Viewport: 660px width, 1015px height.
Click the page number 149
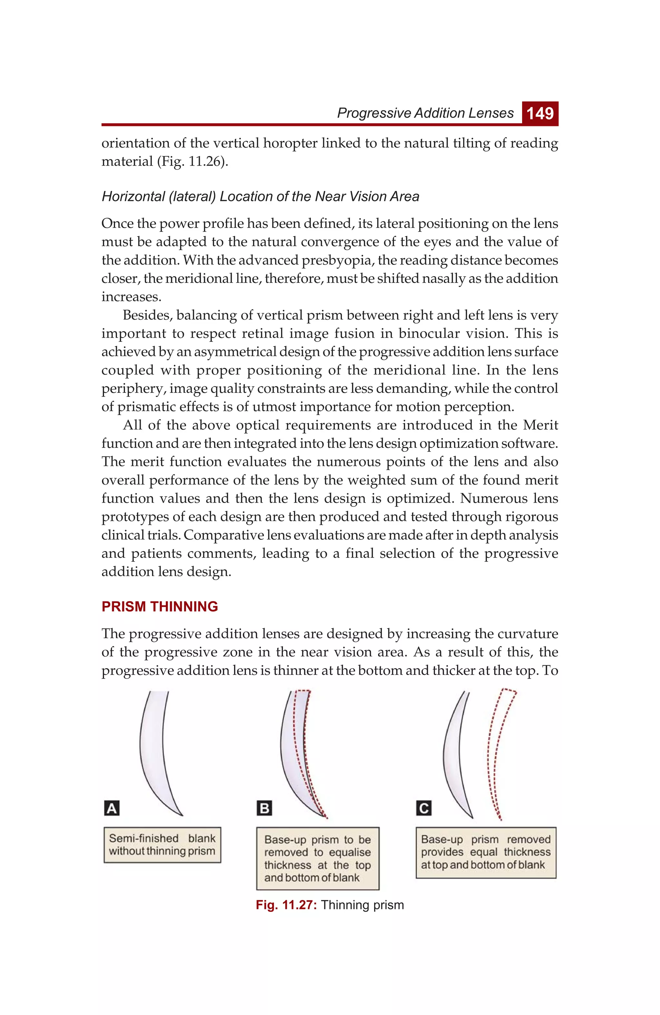(540, 113)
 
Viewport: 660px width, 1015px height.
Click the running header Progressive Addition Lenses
(425, 113)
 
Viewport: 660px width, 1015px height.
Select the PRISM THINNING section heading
(160, 606)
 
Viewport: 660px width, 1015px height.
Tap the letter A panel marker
(112, 808)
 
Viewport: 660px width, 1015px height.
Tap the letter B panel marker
(264, 808)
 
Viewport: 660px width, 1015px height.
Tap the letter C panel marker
(424, 808)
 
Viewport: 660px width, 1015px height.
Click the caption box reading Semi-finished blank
(162, 845)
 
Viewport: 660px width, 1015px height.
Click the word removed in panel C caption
(529, 839)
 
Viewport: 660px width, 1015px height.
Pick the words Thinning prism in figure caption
(362, 905)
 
